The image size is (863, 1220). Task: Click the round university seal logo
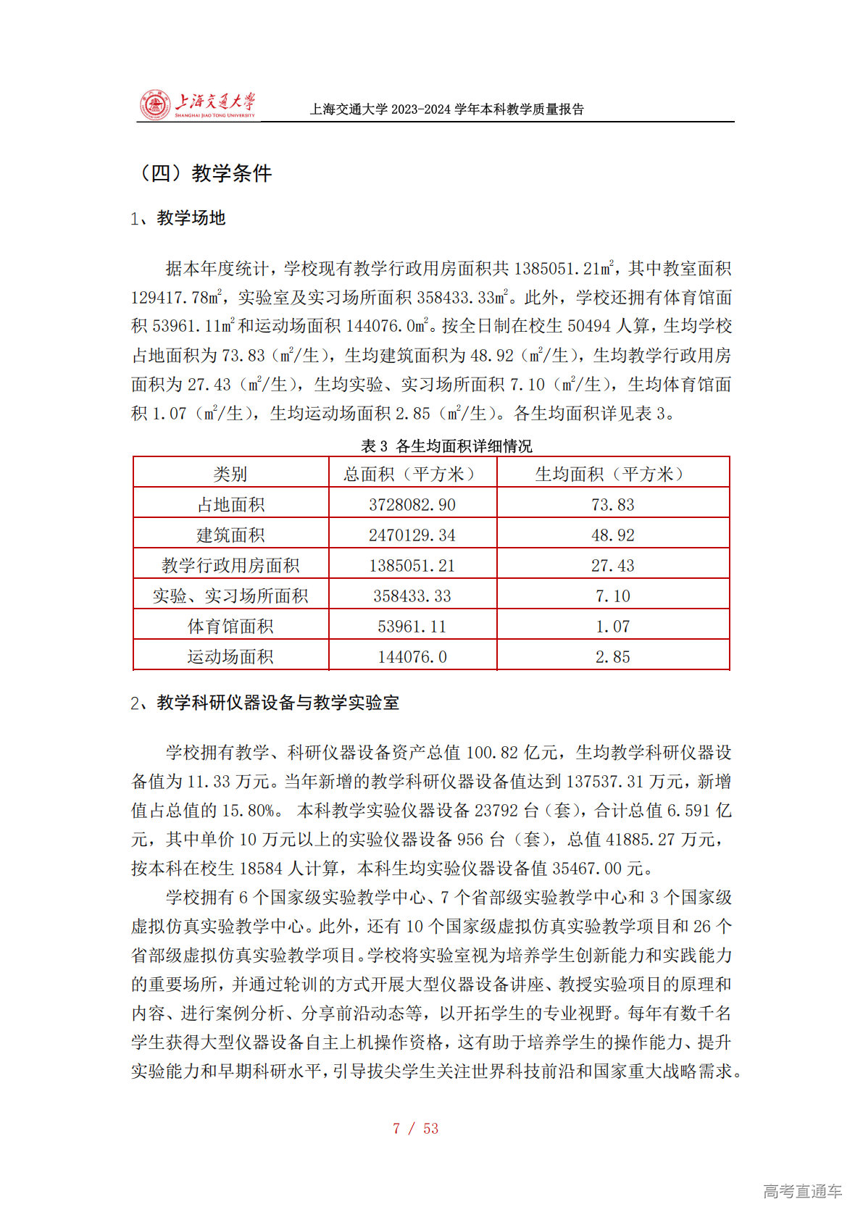[x=154, y=106]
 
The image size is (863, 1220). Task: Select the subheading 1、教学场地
[x=178, y=218]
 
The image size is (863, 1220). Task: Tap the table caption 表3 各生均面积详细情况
[x=446, y=446]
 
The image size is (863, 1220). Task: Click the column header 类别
[x=230, y=474]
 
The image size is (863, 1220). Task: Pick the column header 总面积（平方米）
[x=412, y=474]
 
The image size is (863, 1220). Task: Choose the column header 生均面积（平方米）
[x=612, y=474]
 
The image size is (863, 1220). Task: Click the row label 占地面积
[x=230, y=504]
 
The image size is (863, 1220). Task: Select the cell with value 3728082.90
[x=412, y=504]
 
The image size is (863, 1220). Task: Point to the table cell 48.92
[x=612, y=535]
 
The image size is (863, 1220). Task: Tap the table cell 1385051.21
[x=412, y=565]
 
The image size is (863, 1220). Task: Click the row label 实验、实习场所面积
[x=230, y=596]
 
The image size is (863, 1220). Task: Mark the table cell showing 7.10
[x=612, y=596]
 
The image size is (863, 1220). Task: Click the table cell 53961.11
[x=412, y=626]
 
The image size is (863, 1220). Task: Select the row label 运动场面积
[x=230, y=656]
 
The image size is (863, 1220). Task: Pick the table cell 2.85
[x=612, y=656]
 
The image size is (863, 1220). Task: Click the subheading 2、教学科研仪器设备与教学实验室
[x=264, y=703]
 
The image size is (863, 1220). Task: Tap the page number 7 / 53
[x=415, y=1128]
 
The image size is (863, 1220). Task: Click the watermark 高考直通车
[x=802, y=1190]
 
